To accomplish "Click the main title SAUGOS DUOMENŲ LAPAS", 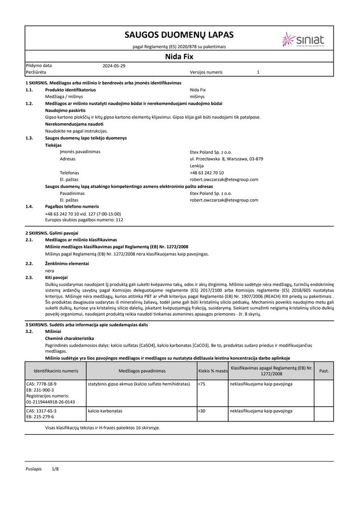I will click(x=179, y=35).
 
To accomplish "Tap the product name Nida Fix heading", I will click(x=179, y=56).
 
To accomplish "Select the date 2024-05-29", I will click(x=114, y=66).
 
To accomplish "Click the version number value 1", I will click(x=258, y=73).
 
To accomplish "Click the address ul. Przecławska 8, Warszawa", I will click(x=226, y=159).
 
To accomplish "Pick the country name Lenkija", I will click(x=197, y=166).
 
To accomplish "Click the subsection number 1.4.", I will click(x=30, y=207).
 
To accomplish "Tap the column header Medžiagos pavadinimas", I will click(x=142, y=371).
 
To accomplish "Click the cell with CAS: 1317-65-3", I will click(x=41, y=410).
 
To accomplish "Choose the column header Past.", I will click(x=324, y=371).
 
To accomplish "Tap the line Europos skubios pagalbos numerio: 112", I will click(x=84, y=220).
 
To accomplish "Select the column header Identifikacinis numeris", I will click(x=56, y=371).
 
